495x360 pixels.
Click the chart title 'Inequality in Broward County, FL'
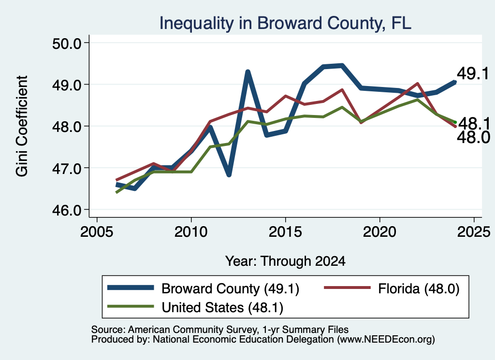coord(285,23)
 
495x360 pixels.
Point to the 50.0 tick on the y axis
coord(67,43)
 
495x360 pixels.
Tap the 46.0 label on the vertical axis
coord(67,210)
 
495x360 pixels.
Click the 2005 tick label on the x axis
coord(97,232)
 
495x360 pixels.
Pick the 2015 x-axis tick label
coord(285,232)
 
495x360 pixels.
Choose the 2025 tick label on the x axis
coord(474,232)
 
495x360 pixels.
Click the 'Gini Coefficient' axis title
coord(22,126)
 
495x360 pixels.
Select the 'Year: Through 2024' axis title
coord(285,261)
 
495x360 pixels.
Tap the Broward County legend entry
coord(204,288)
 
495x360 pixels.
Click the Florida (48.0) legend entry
coord(392,288)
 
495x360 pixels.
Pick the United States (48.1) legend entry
coord(195,307)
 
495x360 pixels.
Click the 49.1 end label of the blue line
coord(473,73)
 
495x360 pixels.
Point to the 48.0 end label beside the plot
coord(473,138)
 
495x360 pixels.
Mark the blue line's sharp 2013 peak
coord(248,72)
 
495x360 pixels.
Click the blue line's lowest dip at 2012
coord(229,174)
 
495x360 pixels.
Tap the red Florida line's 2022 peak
coord(417,84)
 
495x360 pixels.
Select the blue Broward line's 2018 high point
coord(342,66)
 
